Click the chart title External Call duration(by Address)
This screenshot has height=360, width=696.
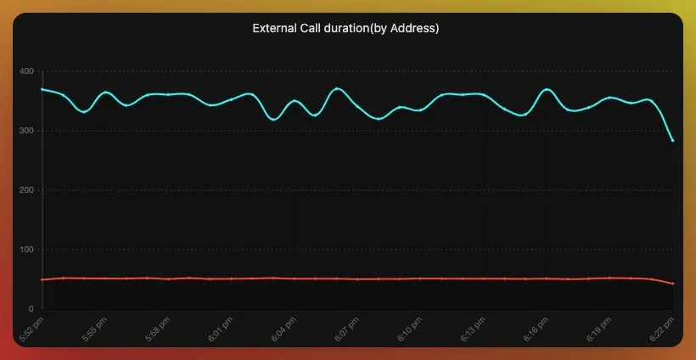point(345,28)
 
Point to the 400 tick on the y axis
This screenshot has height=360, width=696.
point(26,71)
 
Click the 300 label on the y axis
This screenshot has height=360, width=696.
point(26,131)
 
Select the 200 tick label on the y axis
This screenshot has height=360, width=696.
point(26,190)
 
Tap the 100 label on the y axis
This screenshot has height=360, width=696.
point(26,250)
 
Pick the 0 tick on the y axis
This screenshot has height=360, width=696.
point(31,309)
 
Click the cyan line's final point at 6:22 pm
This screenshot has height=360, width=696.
point(673,141)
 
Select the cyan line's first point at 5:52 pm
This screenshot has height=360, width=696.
point(42,89)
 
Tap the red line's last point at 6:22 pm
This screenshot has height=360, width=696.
point(673,284)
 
